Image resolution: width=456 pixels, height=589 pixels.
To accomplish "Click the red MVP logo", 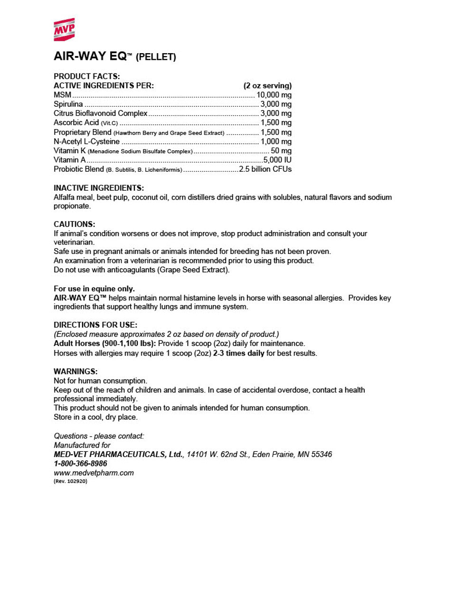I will (64, 29).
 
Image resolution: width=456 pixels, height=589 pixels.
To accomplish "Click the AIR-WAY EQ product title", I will (90, 56).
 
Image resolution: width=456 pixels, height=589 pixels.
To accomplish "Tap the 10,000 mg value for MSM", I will (274, 95).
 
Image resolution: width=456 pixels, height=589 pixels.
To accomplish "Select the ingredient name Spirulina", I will (68, 104).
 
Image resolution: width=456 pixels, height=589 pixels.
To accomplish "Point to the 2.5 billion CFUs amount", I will (266, 169).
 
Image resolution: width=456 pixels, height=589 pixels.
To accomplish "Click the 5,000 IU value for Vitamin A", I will (277, 160).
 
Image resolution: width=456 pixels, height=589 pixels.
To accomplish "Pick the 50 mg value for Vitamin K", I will (281, 150).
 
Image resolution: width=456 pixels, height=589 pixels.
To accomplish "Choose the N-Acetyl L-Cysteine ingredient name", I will (86, 141).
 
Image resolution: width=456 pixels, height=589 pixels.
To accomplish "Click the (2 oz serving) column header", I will (267, 85).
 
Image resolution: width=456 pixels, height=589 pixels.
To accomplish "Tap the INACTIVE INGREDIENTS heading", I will (98, 188).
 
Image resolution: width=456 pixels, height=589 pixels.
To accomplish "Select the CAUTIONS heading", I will (75, 224).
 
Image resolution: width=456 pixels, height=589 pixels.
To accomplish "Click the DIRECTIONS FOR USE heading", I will (95, 325).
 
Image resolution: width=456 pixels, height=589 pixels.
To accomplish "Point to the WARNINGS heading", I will (76, 372).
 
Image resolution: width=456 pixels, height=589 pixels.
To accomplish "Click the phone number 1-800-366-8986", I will (80, 464).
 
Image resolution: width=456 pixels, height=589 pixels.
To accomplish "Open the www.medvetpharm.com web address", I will (94, 473).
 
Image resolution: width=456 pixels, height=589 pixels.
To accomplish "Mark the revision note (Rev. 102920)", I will (70, 481).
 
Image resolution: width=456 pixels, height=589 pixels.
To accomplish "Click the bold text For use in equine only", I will (94, 289).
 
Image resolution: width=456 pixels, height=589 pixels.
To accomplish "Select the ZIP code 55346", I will (322, 455).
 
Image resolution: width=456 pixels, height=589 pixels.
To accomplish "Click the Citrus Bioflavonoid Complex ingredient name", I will (101, 113).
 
